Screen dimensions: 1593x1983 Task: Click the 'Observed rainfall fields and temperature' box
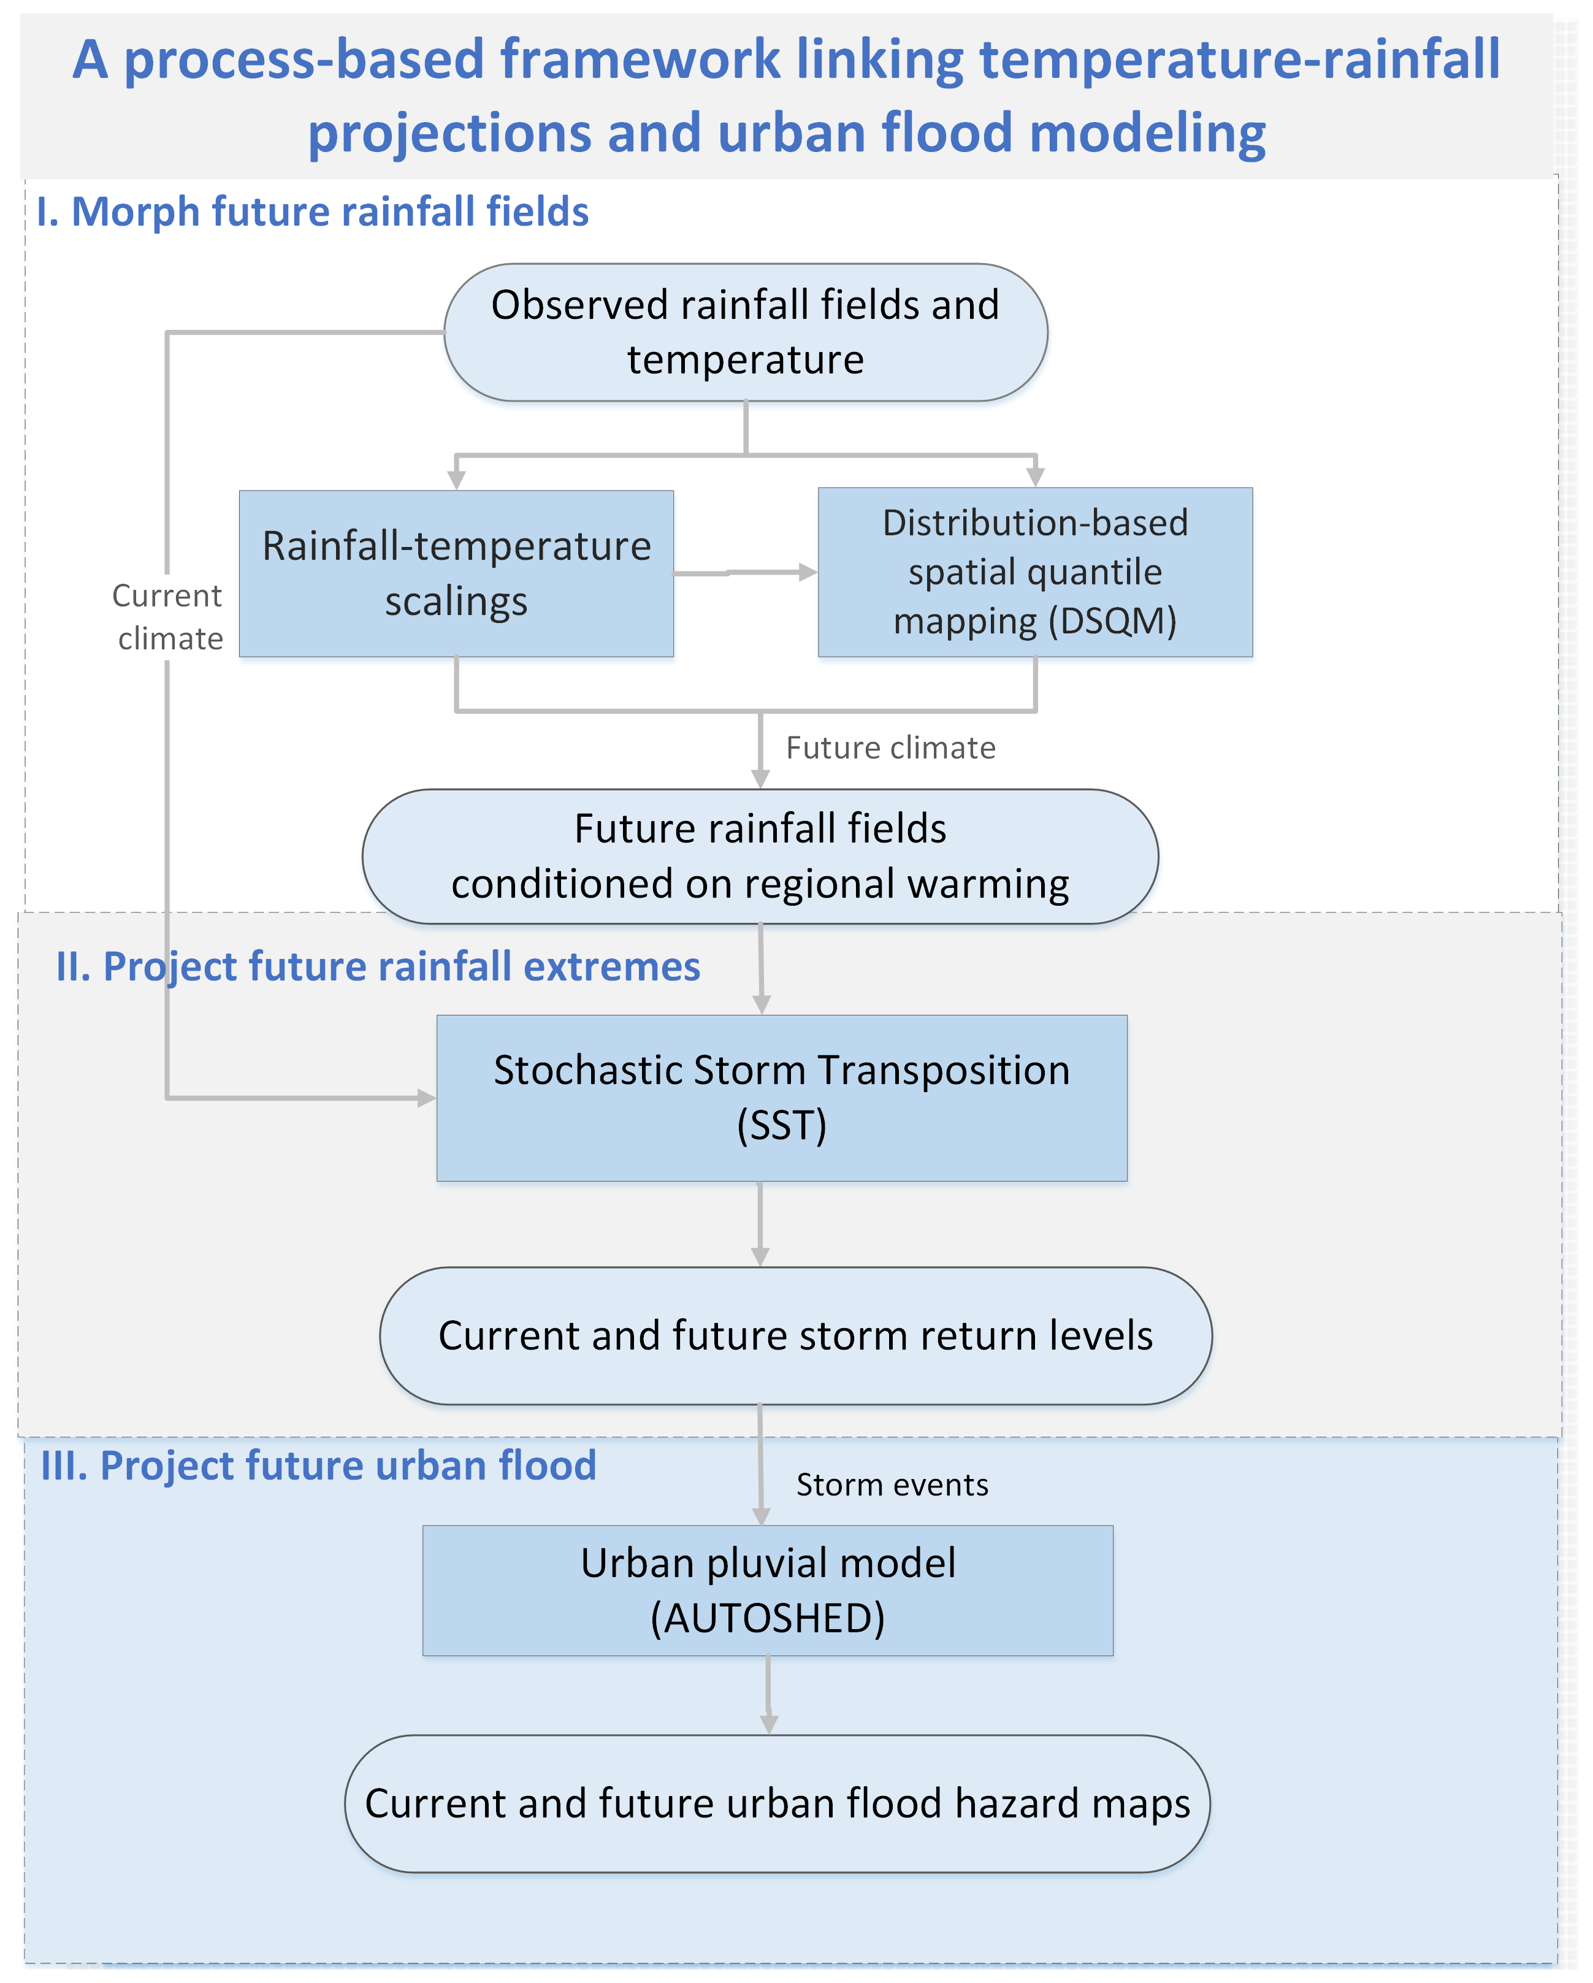click(746, 332)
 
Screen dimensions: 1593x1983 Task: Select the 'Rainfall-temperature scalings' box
click(456, 573)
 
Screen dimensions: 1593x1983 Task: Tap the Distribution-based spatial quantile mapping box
click(1036, 572)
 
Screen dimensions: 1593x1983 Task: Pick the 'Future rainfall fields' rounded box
click(760, 856)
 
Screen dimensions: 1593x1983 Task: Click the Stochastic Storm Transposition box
click(782, 1098)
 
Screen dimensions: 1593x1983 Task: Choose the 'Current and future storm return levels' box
click(796, 1335)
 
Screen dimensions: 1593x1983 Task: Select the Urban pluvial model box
click(768, 1591)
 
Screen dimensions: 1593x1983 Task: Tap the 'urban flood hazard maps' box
click(777, 1804)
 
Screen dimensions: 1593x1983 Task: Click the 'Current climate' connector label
click(168, 616)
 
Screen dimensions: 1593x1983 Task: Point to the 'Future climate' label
click(890, 748)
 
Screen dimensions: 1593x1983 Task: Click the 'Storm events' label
click(892, 1484)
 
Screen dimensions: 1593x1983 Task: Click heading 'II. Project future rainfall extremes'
click(378, 966)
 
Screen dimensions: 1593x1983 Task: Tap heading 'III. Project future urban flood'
click(318, 1465)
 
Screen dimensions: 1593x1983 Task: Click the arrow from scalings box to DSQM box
click(746, 572)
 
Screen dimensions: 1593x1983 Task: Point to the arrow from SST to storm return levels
click(760, 1224)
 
